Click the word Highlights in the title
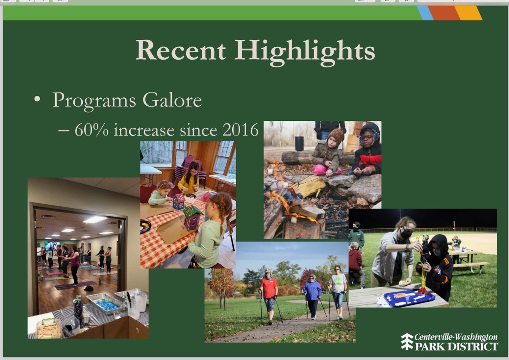pos(305,51)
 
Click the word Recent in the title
pos(181,50)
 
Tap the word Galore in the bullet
pos(172,100)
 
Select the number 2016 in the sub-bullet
pos(241,130)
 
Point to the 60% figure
pos(91,130)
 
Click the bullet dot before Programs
pos(37,99)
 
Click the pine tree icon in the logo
pos(407,341)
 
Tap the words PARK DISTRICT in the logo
pos(457,346)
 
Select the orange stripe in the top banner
pos(445,13)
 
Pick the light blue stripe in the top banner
pos(425,13)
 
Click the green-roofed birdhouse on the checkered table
pos(193,217)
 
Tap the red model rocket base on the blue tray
pos(423,291)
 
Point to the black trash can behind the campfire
pos(299,143)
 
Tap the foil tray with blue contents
pos(106,304)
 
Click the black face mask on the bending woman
pos(406,234)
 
